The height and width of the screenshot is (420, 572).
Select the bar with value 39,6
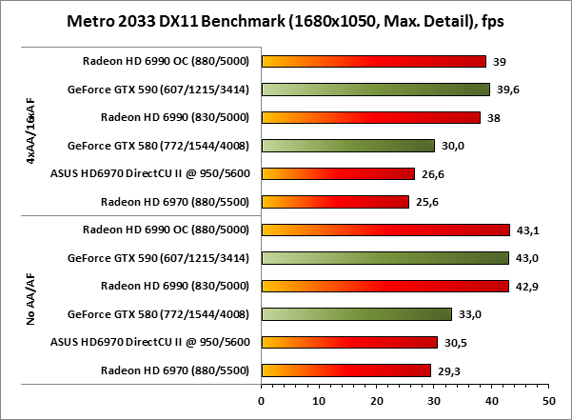[x=375, y=90]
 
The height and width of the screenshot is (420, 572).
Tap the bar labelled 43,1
[x=385, y=230]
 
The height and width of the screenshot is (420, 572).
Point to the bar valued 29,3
[x=345, y=370]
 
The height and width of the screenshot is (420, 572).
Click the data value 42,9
[x=523, y=286]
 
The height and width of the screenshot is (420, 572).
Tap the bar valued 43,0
[x=385, y=258]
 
